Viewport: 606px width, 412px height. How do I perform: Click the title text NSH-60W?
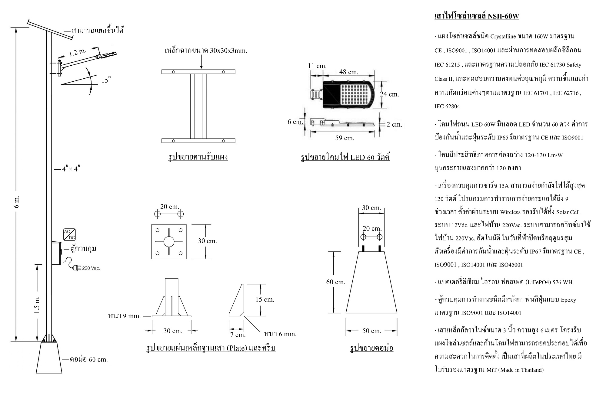503,16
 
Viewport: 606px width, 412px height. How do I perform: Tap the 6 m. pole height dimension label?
17,201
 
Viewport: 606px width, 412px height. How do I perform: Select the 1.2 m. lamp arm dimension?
78,53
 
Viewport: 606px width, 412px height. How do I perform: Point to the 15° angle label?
106,80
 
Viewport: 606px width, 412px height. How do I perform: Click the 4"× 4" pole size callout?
71,169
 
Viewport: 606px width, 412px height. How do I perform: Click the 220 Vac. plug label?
91,268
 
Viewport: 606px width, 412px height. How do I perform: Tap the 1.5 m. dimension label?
37,305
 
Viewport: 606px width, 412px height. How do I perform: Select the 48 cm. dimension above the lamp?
348,72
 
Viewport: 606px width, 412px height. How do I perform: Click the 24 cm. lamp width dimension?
389,94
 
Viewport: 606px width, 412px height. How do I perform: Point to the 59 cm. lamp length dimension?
345,138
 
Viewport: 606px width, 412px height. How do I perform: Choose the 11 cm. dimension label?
317,66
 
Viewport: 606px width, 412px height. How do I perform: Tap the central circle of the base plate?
169,241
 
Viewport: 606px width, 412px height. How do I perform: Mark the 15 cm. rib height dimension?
265,299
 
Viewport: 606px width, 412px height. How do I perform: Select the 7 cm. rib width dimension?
238,335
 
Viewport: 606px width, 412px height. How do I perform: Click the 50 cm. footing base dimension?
371,331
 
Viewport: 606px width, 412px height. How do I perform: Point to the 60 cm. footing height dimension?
335,282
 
